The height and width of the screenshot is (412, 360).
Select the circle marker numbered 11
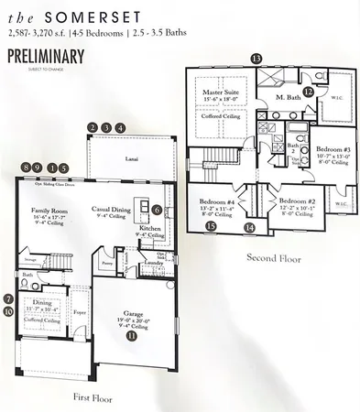pyautogui.click(x=131, y=336)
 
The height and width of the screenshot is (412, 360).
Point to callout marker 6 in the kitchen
pyautogui.click(x=157, y=210)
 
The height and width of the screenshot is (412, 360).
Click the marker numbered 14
pyautogui.click(x=250, y=227)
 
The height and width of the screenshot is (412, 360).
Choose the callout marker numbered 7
pyautogui.click(x=8, y=298)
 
